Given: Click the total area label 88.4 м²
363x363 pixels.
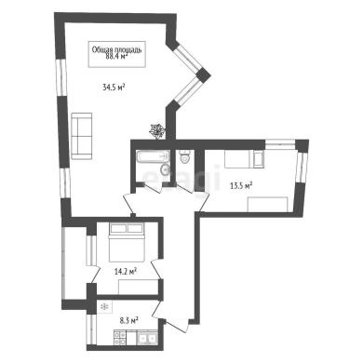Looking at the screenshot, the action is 116,56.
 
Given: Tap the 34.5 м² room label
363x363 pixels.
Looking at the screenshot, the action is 114,87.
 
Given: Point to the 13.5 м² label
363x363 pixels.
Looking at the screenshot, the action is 241,185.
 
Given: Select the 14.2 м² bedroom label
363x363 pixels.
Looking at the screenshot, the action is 126,272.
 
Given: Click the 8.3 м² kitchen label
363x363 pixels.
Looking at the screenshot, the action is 128,320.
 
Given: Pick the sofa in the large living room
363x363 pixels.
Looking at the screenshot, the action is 82,136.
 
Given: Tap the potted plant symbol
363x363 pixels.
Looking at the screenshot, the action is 156,130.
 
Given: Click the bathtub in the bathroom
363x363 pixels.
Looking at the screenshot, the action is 153,156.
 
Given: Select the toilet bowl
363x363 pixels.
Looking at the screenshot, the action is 185,157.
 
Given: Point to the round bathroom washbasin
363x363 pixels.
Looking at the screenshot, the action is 165,169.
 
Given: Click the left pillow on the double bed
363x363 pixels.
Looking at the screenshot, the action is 118,228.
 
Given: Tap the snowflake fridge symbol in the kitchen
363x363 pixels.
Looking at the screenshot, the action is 105,307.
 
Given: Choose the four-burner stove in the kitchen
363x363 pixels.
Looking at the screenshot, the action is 120,338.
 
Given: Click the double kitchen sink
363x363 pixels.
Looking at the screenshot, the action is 147,338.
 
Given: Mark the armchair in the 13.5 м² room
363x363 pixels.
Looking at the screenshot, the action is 258,159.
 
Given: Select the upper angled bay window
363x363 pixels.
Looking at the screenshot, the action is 186,59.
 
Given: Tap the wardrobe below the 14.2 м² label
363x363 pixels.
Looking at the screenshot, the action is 138,287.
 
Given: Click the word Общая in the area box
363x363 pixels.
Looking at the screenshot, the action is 100,49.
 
